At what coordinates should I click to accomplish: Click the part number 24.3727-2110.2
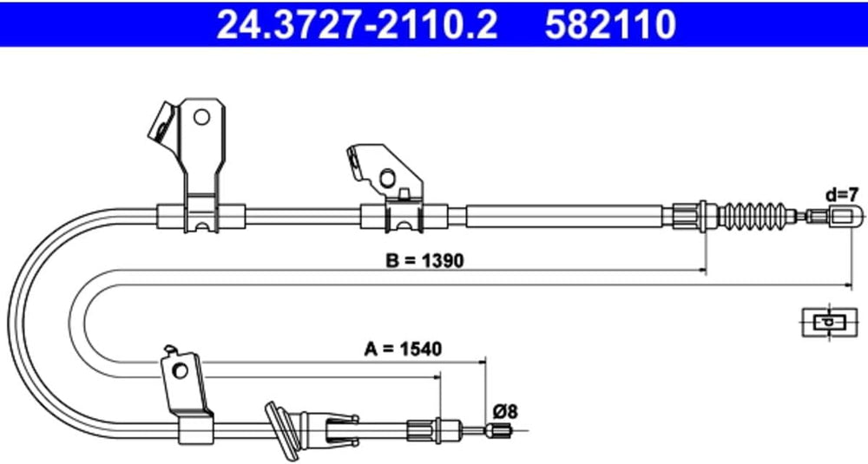pos(357,25)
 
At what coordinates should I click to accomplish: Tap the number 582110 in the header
pos(611,25)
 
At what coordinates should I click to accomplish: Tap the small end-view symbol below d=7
pos(826,322)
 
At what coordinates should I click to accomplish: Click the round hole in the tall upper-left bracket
pos(203,116)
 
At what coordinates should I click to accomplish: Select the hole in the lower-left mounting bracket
pos(181,371)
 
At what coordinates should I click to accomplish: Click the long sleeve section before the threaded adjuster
pos(564,214)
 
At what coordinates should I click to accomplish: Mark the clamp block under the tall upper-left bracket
pos(200,214)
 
